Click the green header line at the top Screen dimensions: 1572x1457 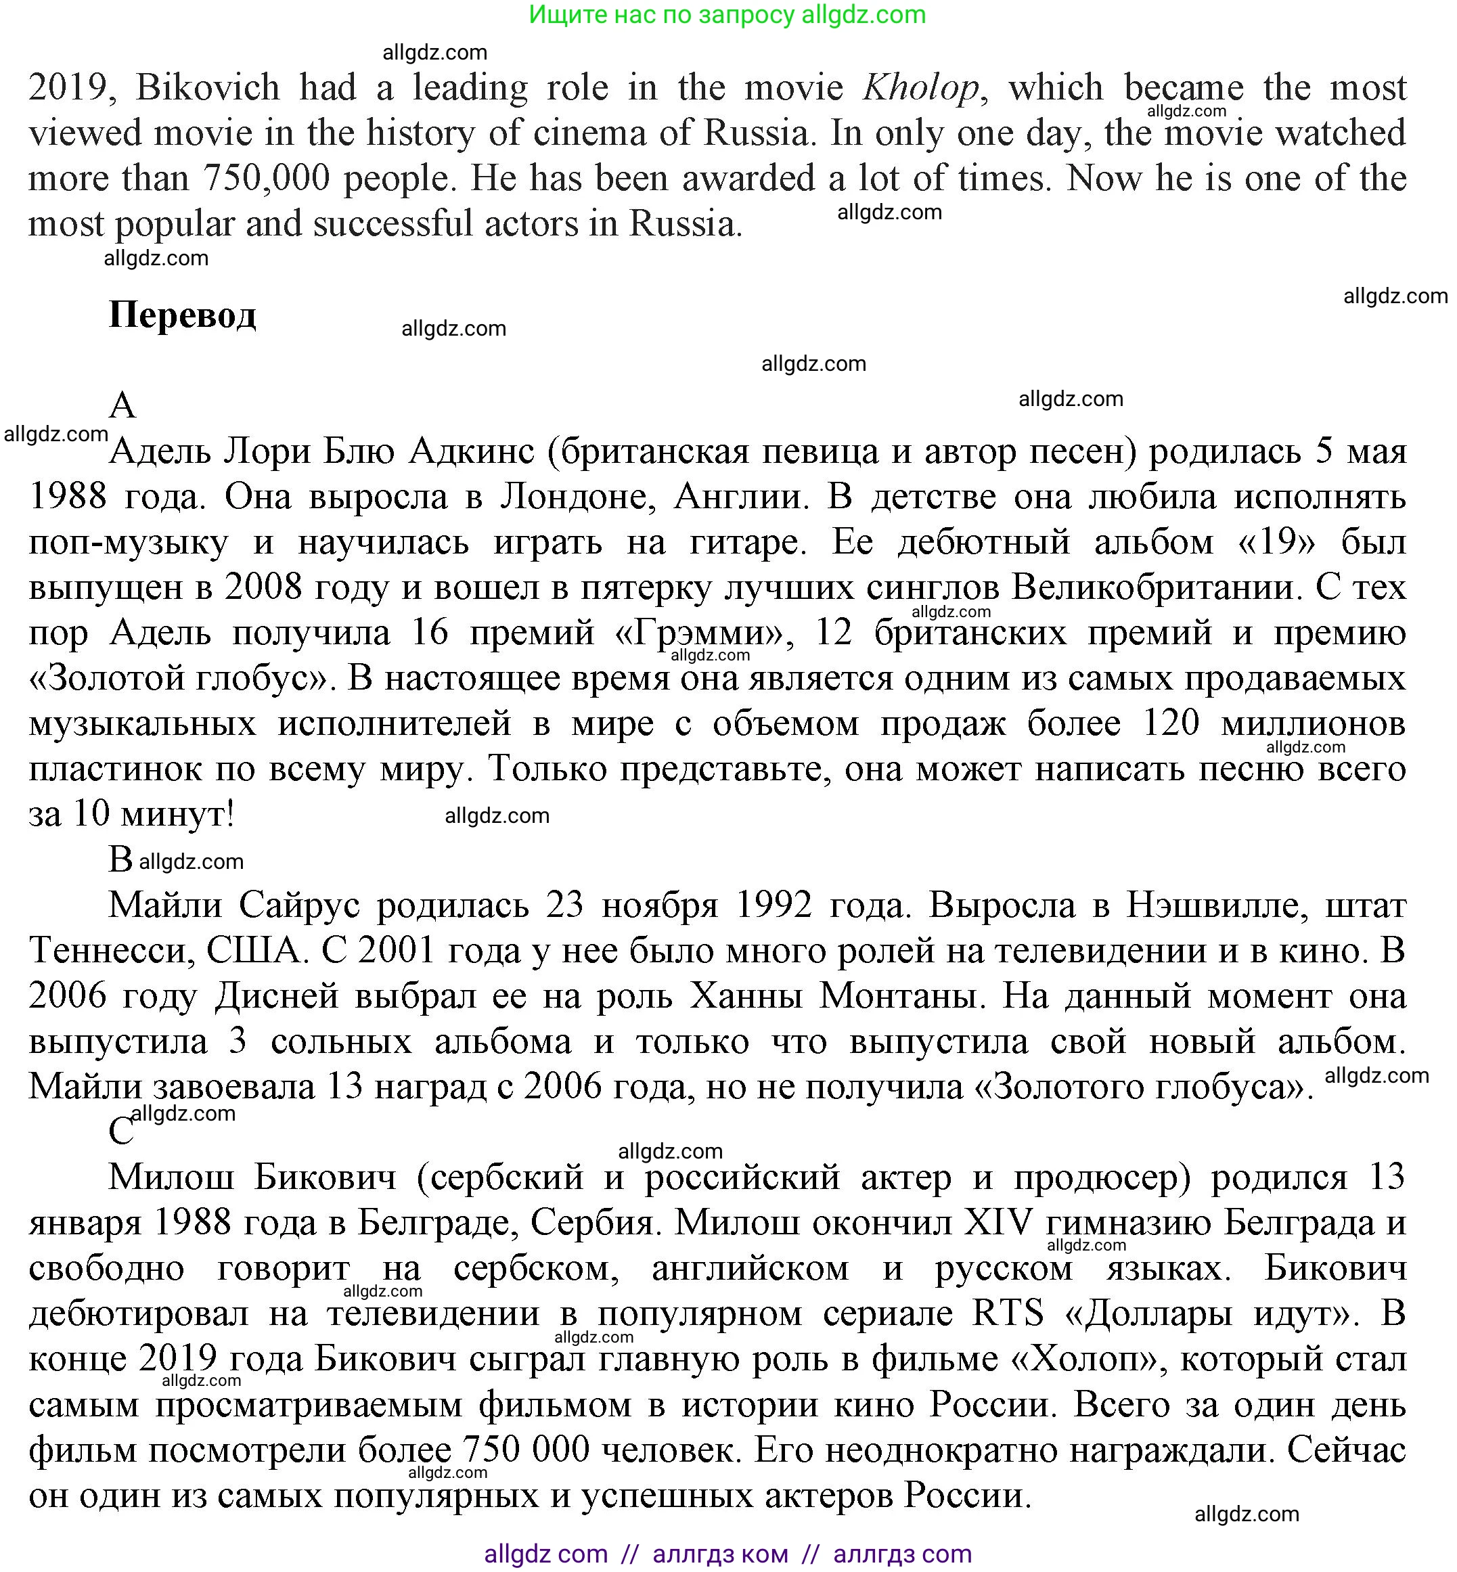click(727, 15)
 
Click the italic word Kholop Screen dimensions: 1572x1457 click(921, 87)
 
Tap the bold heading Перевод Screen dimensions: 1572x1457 click(182, 315)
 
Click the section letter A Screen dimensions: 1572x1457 click(122, 406)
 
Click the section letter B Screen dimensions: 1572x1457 click(120, 859)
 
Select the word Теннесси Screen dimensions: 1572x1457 click(111, 951)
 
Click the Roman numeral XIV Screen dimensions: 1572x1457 click(998, 1223)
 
